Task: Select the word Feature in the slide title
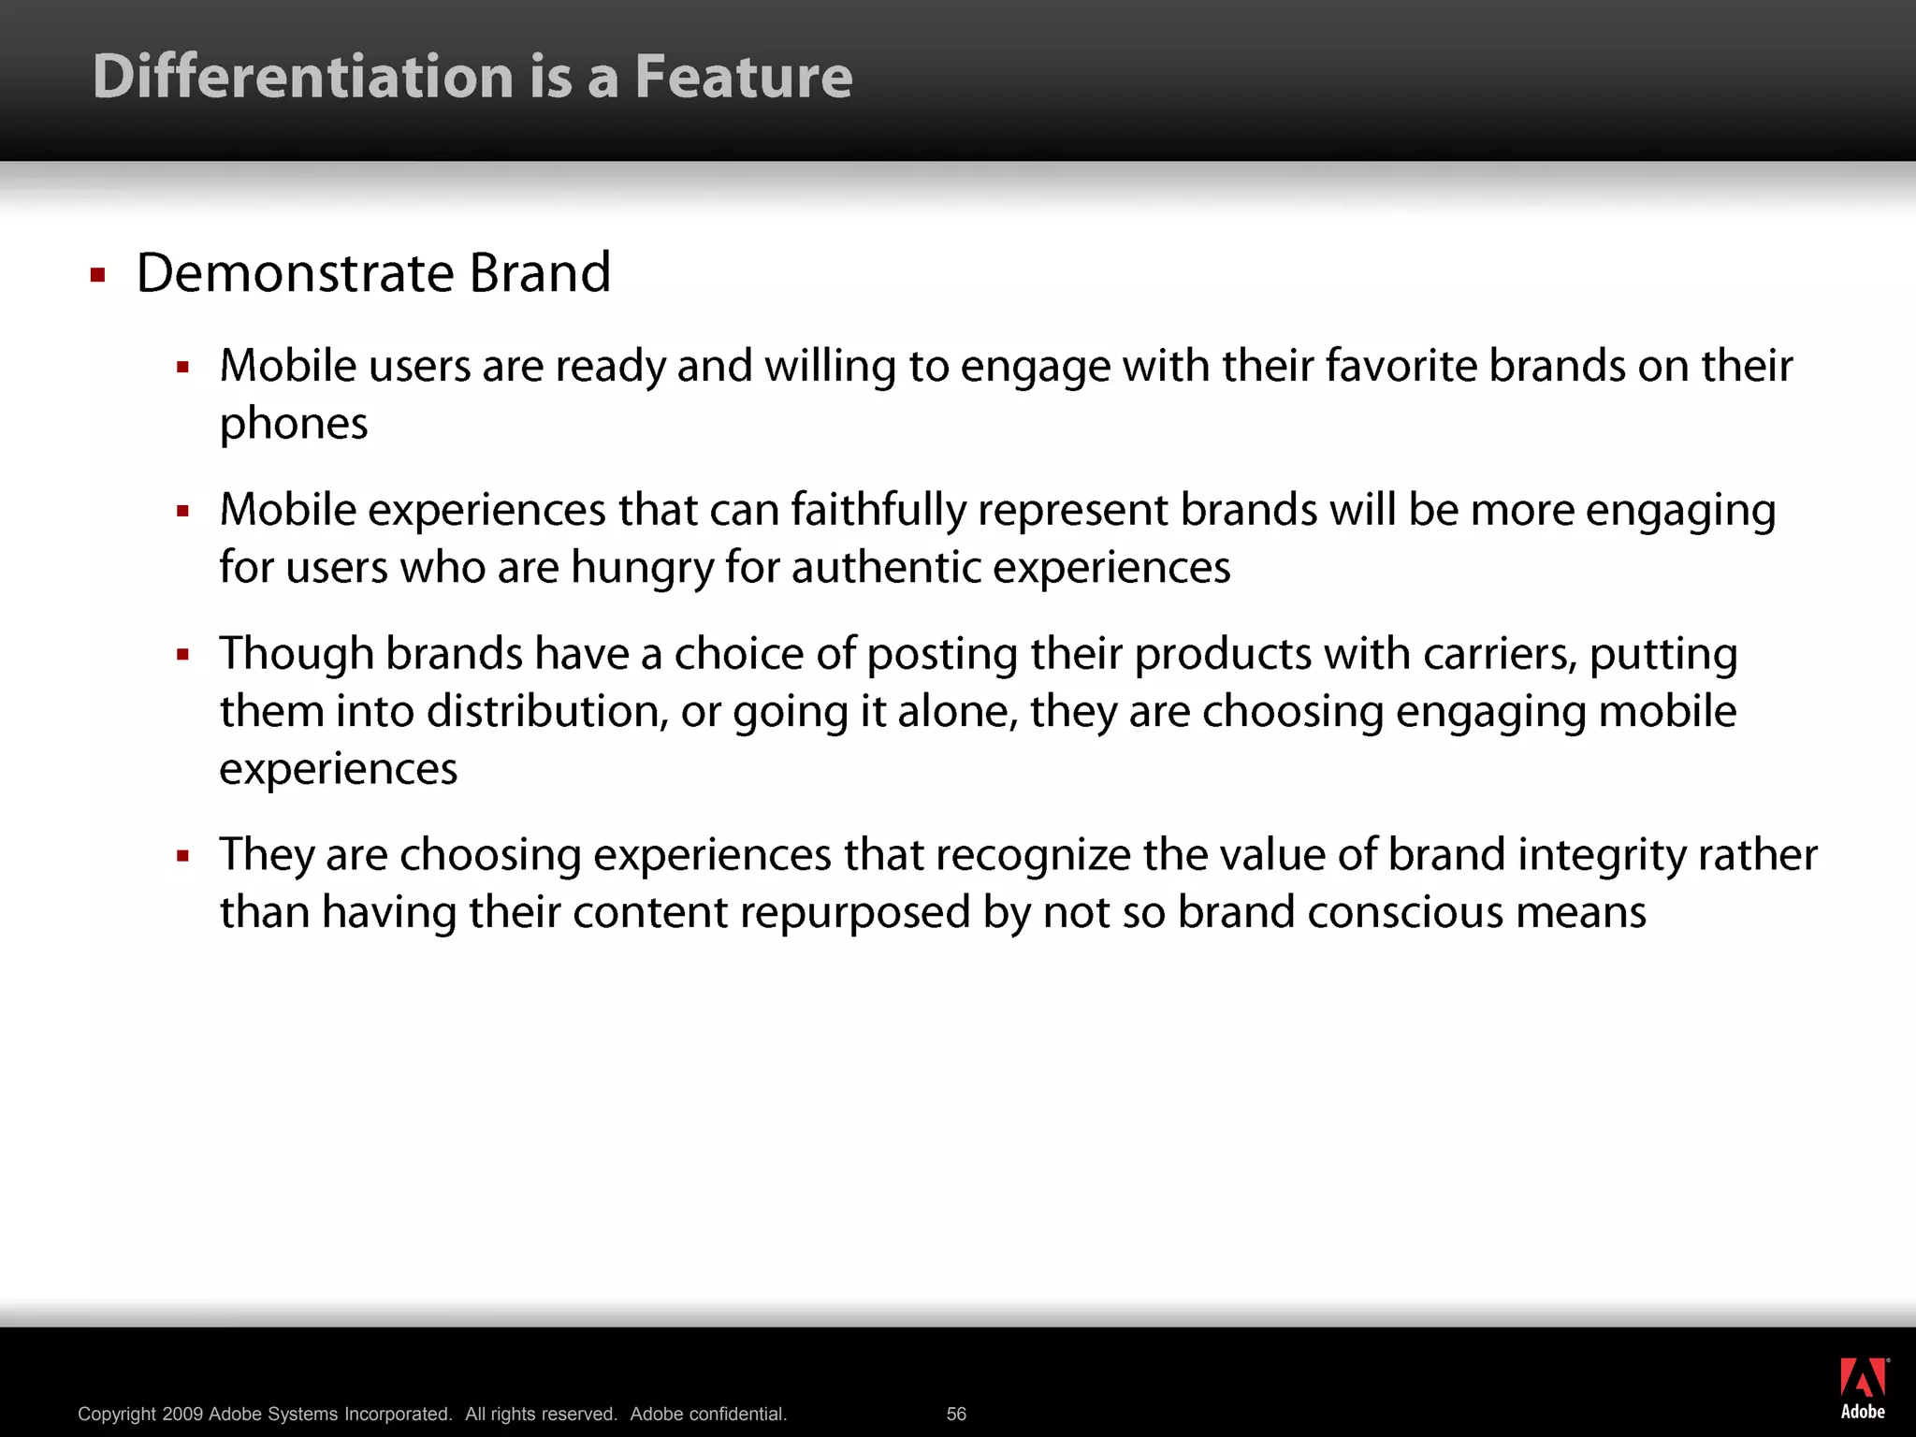coord(744,77)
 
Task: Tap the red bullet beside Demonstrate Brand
coord(97,275)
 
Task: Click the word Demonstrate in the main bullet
coord(295,273)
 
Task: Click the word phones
coord(294,425)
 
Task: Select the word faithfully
coord(878,511)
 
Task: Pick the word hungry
coord(642,569)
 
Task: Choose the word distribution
coord(547,712)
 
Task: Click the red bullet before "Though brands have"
coord(183,655)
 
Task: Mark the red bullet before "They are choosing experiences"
coord(183,856)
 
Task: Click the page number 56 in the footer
coord(956,1414)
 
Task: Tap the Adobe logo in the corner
coord(1863,1388)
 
